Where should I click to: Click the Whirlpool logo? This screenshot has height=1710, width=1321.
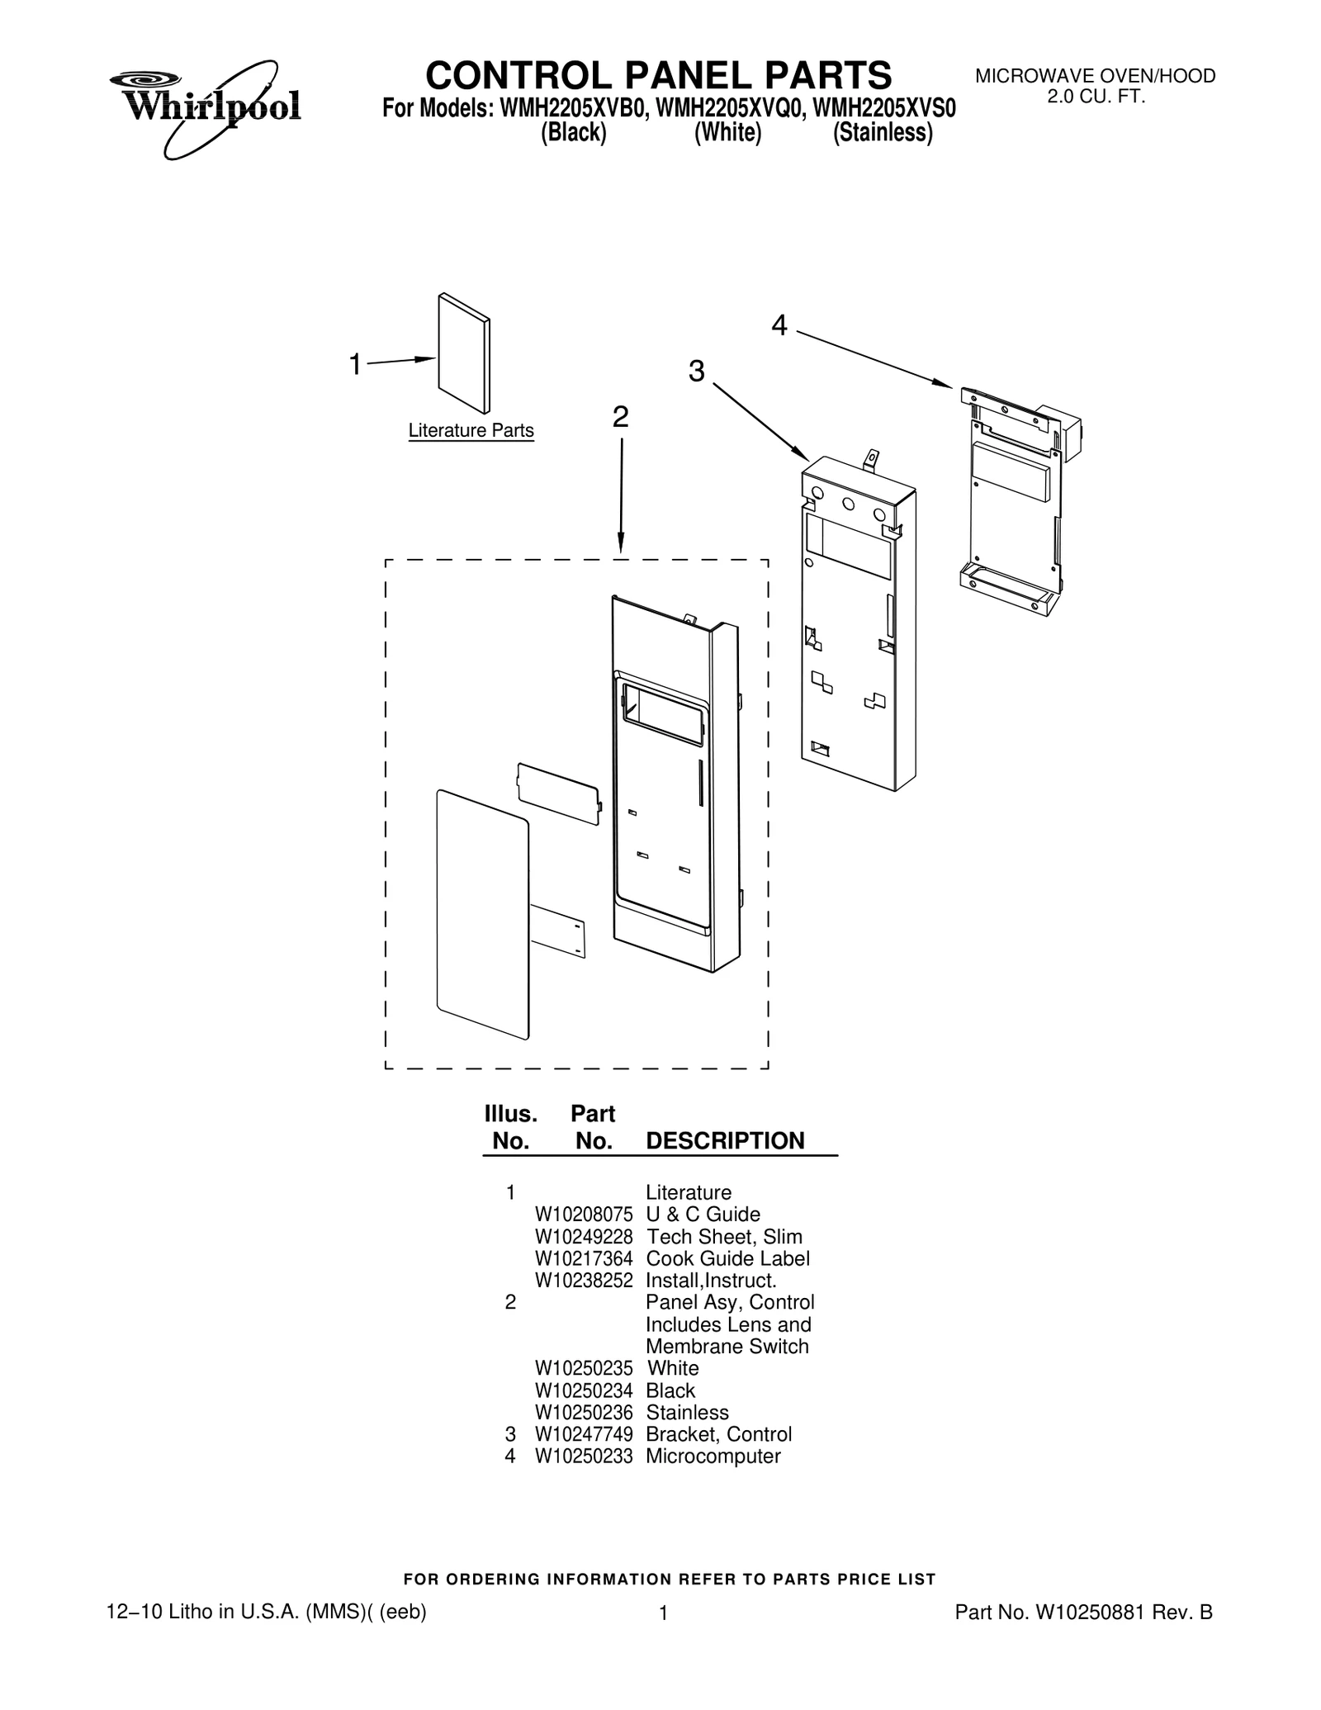pyautogui.click(x=205, y=107)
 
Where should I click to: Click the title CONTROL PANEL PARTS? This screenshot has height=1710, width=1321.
pyautogui.click(x=658, y=75)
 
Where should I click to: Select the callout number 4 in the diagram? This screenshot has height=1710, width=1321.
pyautogui.click(x=779, y=326)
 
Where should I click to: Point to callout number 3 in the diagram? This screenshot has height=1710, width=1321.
pyautogui.click(x=697, y=372)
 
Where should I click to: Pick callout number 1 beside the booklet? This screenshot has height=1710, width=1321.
pyautogui.click(x=355, y=364)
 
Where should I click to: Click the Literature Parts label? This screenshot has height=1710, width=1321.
pyautogui.click(x=471, y=431)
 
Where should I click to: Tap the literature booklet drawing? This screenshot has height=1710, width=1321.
pyautogui.click(x=463, y=353)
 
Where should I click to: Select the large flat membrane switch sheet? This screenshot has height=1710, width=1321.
pyautogui.click(x=482, y=913)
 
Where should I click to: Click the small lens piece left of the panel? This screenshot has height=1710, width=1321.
pyautogui.click(x=559, y=793)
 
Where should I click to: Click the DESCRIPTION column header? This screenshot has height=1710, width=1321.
pyautogui.click(x=725, y=1140)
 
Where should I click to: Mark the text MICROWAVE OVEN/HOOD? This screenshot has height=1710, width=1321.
pyautogui.click(x=1096, y=77)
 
